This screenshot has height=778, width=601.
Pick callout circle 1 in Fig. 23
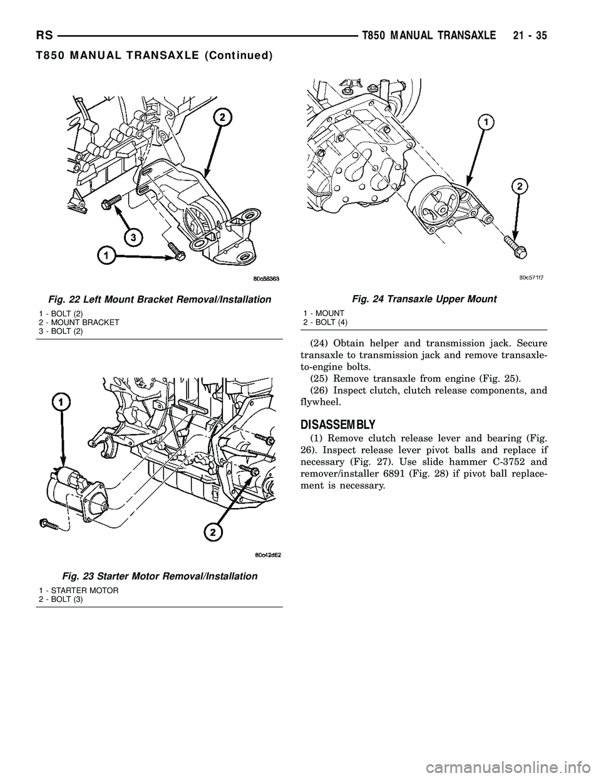pyautogui.click(x=61, y=400)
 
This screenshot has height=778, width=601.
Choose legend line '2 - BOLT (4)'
pyautogui.click(x=326, y=321)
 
